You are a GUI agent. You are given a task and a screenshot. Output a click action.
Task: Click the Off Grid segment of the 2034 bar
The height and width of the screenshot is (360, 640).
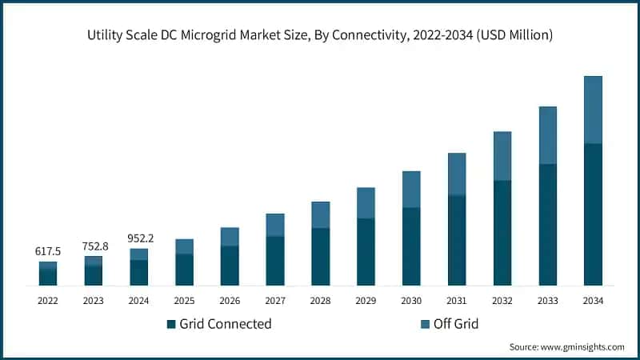click(x=593, y=110)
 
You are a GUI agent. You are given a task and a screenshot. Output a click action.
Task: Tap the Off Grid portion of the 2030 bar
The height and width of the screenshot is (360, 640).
click(x=411, y=189)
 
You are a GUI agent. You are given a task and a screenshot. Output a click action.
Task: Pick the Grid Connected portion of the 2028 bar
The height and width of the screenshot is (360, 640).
click(x=320, y=257)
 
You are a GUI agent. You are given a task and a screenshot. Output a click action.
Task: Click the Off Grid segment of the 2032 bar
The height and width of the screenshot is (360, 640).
click(x=502, y=156)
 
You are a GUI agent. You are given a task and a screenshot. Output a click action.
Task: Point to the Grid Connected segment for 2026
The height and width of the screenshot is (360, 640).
click(x=230, y=266)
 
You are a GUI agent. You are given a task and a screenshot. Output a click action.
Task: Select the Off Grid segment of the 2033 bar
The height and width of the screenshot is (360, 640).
click(x=548, y=135)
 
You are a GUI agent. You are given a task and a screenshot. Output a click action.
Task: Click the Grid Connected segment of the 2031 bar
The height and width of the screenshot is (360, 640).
click(x=457, y=240)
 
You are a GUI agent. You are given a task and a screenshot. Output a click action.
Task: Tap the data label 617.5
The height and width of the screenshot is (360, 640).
click(x=48, y=251)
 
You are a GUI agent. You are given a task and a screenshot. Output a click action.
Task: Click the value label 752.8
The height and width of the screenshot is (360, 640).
click(x=94, y=246)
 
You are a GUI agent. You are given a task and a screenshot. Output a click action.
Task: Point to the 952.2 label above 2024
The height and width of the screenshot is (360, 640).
click(x=139, y=238)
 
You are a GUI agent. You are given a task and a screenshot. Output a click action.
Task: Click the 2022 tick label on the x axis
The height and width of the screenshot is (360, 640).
click(x=48, y=301)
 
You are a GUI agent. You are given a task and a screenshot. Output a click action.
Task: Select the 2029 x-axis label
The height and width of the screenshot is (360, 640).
click(x=366, y=301)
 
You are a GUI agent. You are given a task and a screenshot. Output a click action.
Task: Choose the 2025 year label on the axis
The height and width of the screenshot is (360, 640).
click(x=184, y=301)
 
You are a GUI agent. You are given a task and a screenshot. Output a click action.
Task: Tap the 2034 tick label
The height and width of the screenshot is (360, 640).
click(x=593, y=301)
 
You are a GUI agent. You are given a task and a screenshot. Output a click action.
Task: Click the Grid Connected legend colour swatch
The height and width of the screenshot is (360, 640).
click(x=170, y=324)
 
